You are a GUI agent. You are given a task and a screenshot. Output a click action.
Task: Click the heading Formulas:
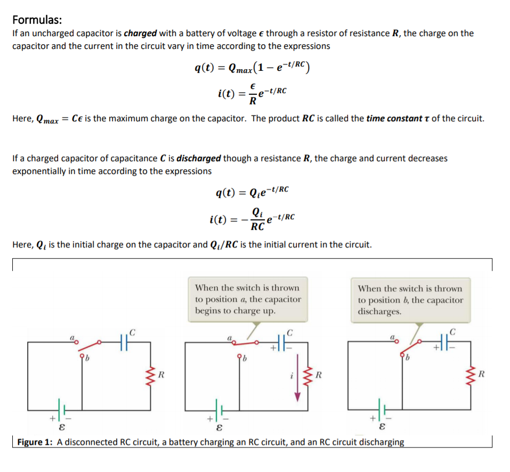(37, 20)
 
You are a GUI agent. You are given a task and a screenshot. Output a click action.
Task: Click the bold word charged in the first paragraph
(140, 34)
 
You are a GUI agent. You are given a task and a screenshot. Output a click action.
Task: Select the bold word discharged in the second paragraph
(199, 159)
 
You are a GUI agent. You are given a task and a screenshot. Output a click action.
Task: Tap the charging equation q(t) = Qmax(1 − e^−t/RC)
(253, 68)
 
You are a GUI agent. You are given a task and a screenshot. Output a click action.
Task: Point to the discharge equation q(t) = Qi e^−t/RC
(253, 191)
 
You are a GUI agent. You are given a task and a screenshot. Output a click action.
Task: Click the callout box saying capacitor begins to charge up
(248, 300)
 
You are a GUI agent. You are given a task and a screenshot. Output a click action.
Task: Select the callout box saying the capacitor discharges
(410, 300)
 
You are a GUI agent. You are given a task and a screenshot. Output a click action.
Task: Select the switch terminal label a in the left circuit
(71, 338)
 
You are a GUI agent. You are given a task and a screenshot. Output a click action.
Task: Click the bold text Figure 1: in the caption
(36, 442)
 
